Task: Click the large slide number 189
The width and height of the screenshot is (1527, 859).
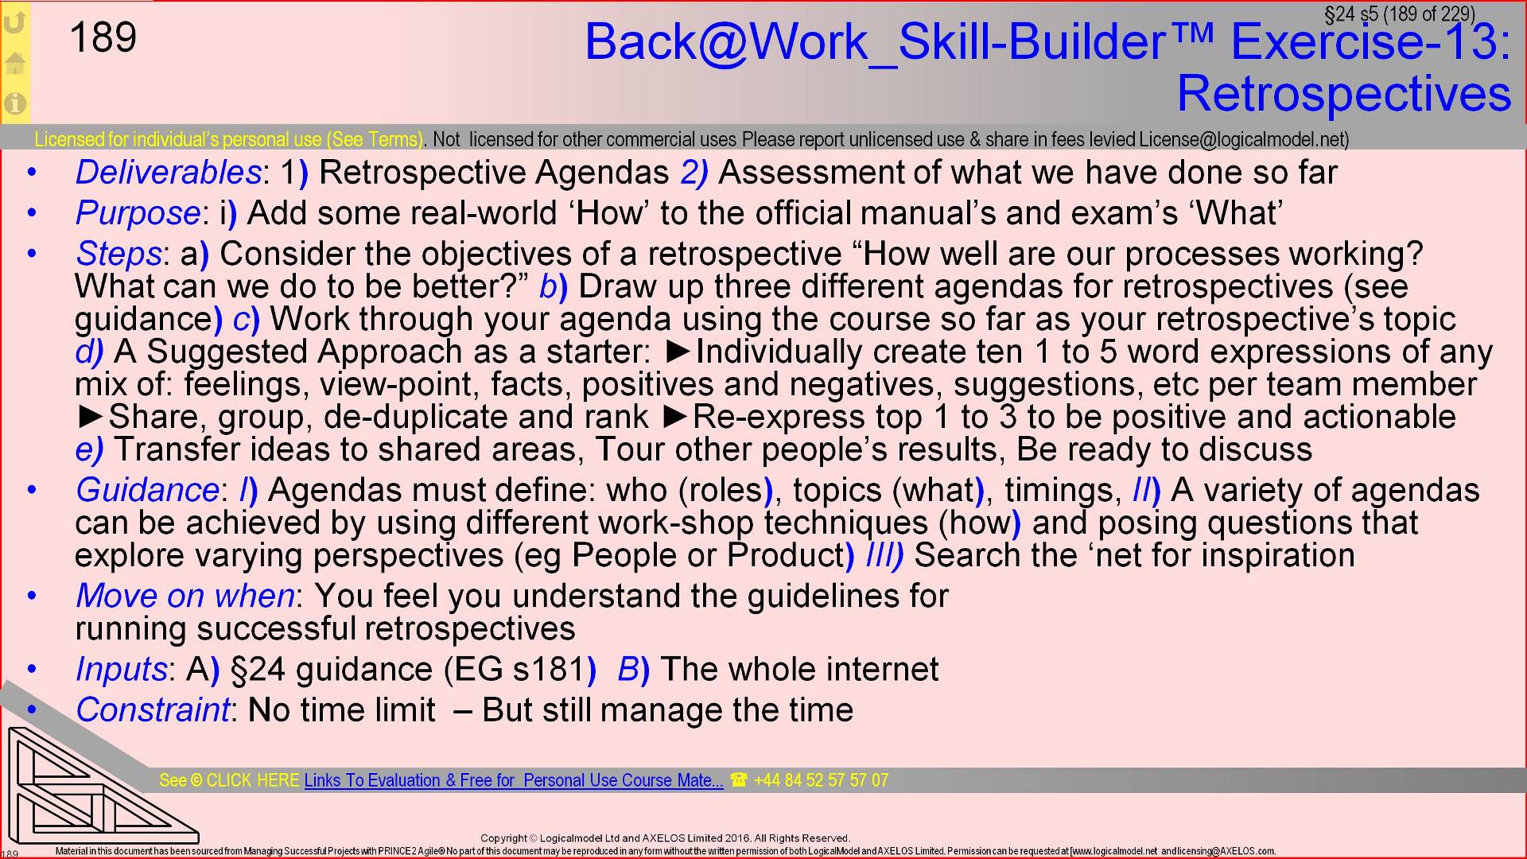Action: pyautogui.click(x=103, y=37)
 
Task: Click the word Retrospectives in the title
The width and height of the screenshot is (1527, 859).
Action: pyautogui.click(x=1343, y=94)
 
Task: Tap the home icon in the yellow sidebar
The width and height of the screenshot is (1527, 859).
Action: pyautogui.click(x=15, y=63)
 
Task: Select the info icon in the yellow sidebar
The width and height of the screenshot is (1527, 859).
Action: pyautogui.click(x=15, y=103)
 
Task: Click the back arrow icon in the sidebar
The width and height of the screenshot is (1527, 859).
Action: pyautogui.click(x=15, y=23)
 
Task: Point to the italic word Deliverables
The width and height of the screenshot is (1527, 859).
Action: pyautogui.click(x=168, y=173)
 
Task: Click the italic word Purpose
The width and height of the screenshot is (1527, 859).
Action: pyautogui.click(x=138, y=213)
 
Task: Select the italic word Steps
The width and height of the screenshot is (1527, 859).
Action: pyautogui.click(x=119, y=254)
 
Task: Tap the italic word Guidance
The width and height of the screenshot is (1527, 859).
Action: pyautogui.click(x=147, y=490)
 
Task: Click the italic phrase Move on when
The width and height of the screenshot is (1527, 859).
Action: pyautogui.click(x=185, y=596)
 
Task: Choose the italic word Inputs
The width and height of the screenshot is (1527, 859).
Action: pyautogui.click(x=121, y=669)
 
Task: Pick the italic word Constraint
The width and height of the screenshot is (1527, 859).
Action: pyautogui.click(x=152, y=709)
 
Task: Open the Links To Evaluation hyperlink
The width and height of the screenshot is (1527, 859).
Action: pyautogui.click(x=513, y=780)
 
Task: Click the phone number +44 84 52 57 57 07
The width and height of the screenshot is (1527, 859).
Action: pyautogui.click(x=820, y=780)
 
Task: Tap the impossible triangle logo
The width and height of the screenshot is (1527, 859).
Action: pyautogui.click(x=95, y=787)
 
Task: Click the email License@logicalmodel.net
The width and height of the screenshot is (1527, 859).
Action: pyautogui.click(x=1242, y=140)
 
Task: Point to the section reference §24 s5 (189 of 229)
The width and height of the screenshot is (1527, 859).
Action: pyautogui.click(x=1399, y=14)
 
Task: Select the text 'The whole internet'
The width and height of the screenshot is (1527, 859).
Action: pyautogui.click(x=799, y=669)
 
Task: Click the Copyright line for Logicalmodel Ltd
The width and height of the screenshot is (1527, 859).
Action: pyautogui.click(x=665, y=838)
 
